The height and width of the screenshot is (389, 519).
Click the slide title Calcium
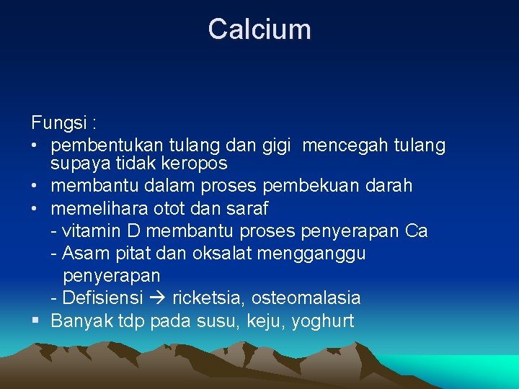[x=259, y=30]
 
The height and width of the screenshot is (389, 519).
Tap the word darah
[x=389, y=186]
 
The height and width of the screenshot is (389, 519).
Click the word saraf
[x=247, y=209]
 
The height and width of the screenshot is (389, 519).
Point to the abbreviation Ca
[x=417, y=231]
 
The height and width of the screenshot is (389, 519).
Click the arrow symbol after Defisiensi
[x=156, y=298]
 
